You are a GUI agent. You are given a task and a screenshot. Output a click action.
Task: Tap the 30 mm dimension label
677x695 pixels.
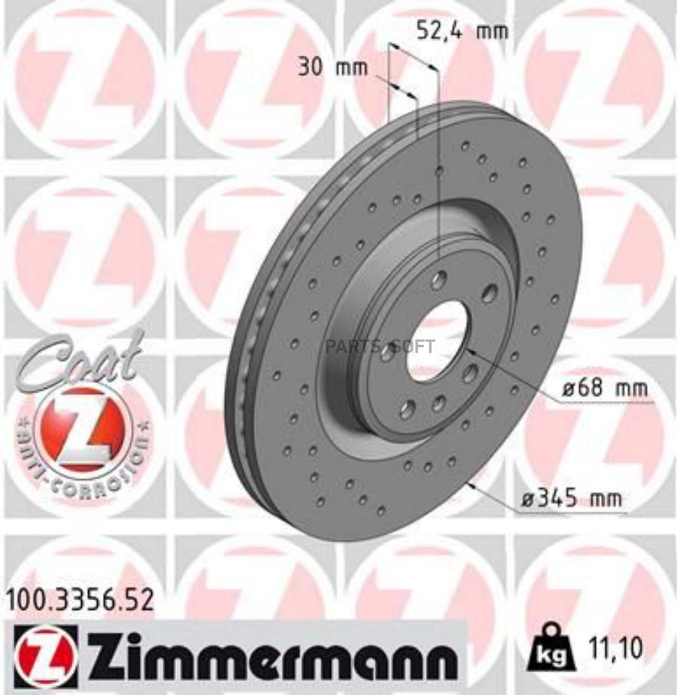(x=332, y=68)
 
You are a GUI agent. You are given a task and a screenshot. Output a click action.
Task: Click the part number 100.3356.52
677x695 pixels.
(x=80, y=599)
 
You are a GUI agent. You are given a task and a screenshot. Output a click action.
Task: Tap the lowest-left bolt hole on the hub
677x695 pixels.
(x=407, y=409)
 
